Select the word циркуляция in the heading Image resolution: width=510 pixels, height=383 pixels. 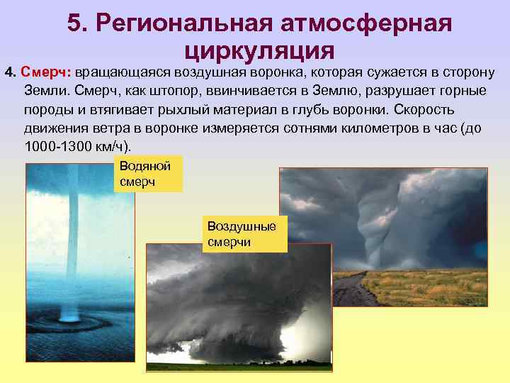click(x=259, y=50)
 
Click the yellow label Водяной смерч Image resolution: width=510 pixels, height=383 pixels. click(x=147, y=174)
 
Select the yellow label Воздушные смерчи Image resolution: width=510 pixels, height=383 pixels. click(x=245, y=233)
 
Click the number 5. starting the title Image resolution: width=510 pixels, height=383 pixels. click(x=76, y=24)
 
